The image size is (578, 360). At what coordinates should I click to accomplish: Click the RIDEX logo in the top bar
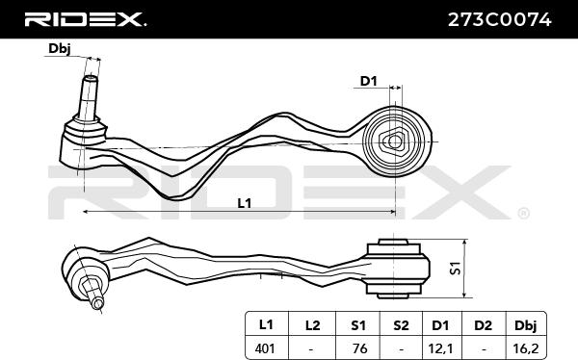tap(85, 18)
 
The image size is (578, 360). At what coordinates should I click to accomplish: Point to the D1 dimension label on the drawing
tap(367, 82)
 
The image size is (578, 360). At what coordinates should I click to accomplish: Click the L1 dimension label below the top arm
tap(244, 202)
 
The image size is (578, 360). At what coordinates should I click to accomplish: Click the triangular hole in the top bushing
tap(393, 141)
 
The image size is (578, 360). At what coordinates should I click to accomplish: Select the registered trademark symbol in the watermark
tap(523, 212)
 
